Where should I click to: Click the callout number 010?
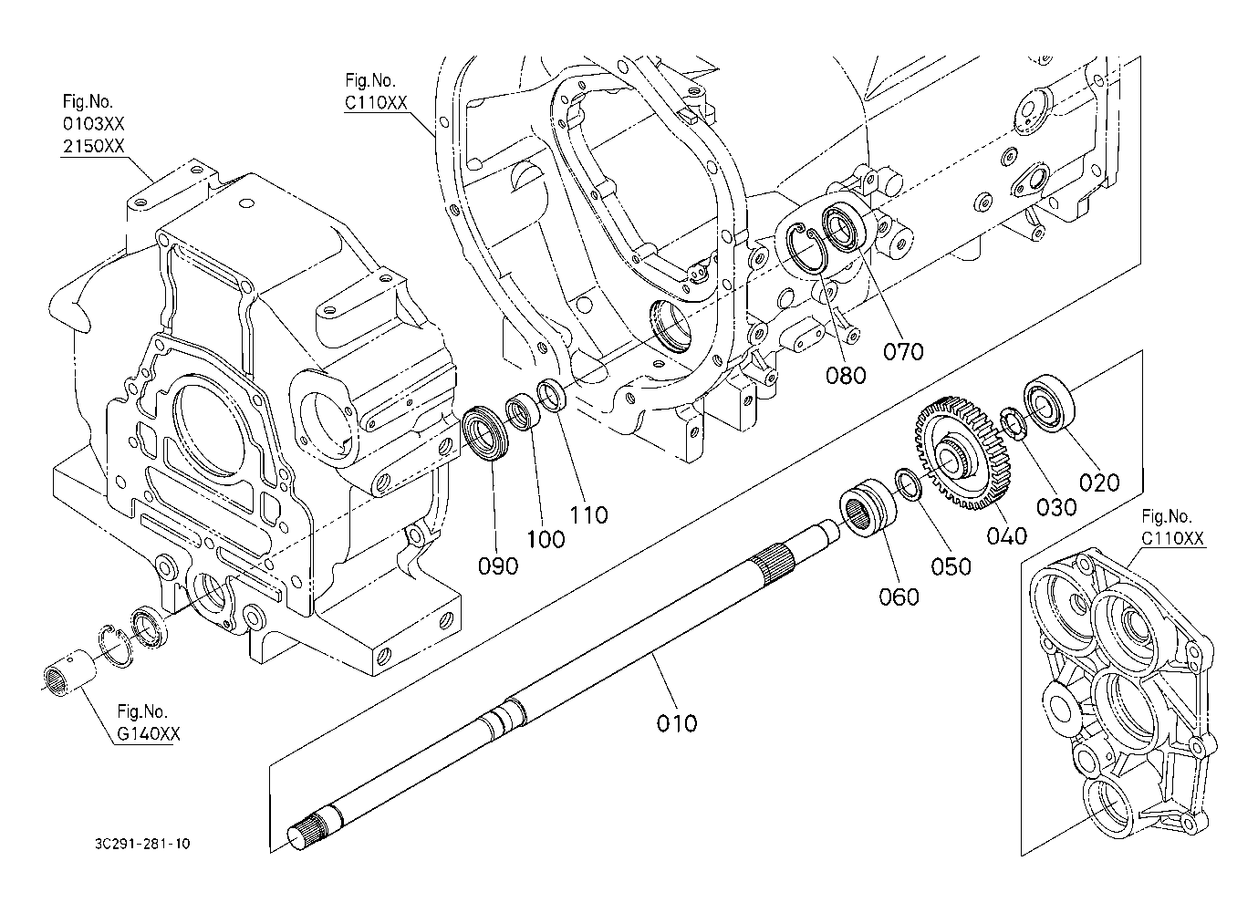coord(677,723)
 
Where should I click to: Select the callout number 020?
coord(1099,481)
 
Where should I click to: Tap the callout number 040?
coord(1006,535)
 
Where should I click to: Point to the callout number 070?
coord(903,351)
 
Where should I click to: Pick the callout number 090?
coord(498,565)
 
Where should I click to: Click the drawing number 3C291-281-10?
coord(140,844)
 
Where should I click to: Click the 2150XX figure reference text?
coord(93,146)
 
